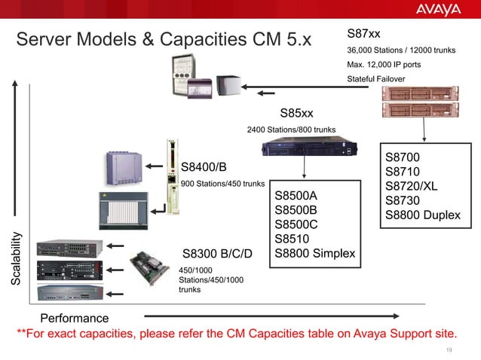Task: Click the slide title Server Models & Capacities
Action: click(164, 38)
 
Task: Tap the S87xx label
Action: click(363, 34)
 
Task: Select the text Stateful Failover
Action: click(375, 79)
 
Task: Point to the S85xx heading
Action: click(296, 114)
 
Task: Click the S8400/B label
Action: click(204, 166)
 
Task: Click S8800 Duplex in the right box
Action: click(422, 215)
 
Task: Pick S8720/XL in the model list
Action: click(411, 186)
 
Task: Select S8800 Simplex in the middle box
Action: click(314, 253)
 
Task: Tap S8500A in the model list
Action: click(296, 195)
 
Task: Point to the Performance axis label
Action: click(74, 318)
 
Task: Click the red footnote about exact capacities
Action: click(237, 333)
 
